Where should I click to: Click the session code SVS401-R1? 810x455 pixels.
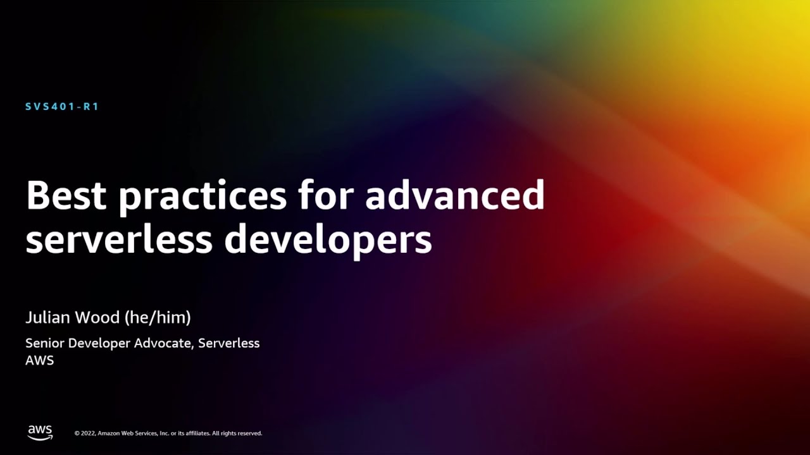pyautogui.click(x=62, y=107)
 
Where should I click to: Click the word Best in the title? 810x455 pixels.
pyautogui.click(x=66, y=195)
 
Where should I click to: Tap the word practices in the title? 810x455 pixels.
pyautogui.click(x=202, y=197)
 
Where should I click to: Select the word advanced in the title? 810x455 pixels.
pyautogui.click(x=454, y=195)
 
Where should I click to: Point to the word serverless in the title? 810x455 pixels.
pyautogui.click(x=118, y=240)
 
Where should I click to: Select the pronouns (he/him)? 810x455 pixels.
pyautogui.click(x=158, y=317)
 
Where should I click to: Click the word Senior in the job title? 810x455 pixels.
pyautogui.click(x=44, y=343)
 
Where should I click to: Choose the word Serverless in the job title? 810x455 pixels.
pyautogui.click(x=228, y=343)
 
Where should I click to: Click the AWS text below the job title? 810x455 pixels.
pyautogui.click(x=39, y=360)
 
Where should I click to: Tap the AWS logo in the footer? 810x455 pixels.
pyautogui.click(x=40, y=432)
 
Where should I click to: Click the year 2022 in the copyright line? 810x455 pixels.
pyautogui.click(x=88, y=434)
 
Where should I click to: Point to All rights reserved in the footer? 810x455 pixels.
pyautogui.click(x=237, y=434)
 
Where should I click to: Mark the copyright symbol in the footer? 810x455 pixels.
pyautogui.click(x=77, y=434)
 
